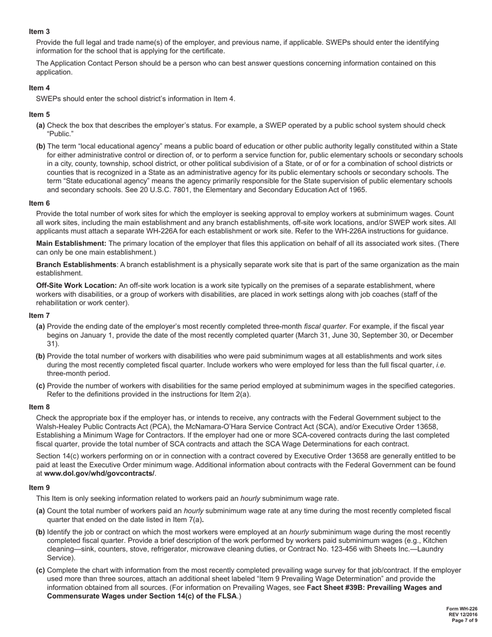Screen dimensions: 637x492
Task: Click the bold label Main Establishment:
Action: coord(71,243)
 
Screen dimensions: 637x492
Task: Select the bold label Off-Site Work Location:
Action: coord(76,285)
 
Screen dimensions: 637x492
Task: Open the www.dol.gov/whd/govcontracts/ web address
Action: coord(99,473)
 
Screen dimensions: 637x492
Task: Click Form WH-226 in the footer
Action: coord(462,609)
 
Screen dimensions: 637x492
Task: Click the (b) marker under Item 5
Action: coord(40,146)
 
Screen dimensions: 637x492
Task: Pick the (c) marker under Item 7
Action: coord(40,385)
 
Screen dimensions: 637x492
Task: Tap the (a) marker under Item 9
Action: coord(40,511)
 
